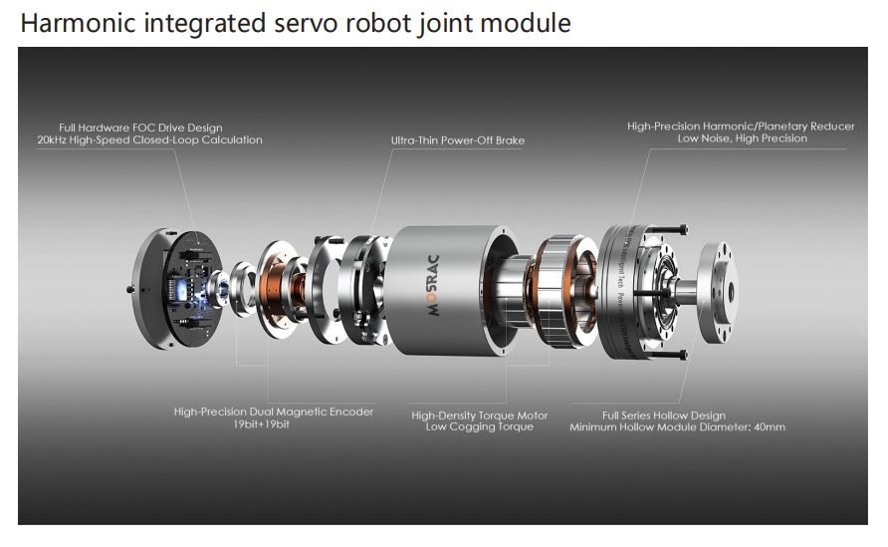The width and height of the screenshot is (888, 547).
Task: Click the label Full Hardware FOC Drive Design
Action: click(x=140, y=128)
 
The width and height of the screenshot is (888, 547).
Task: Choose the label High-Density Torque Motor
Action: click(x=479, y=414)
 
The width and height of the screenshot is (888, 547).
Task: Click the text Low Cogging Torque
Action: click(x=479, y=427)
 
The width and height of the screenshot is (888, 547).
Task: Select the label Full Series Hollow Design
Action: click(x=664, y=414)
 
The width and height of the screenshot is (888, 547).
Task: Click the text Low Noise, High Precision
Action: click(x=742, y=139)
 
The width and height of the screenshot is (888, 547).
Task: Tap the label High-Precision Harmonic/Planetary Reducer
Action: click(x=741, y=127)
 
